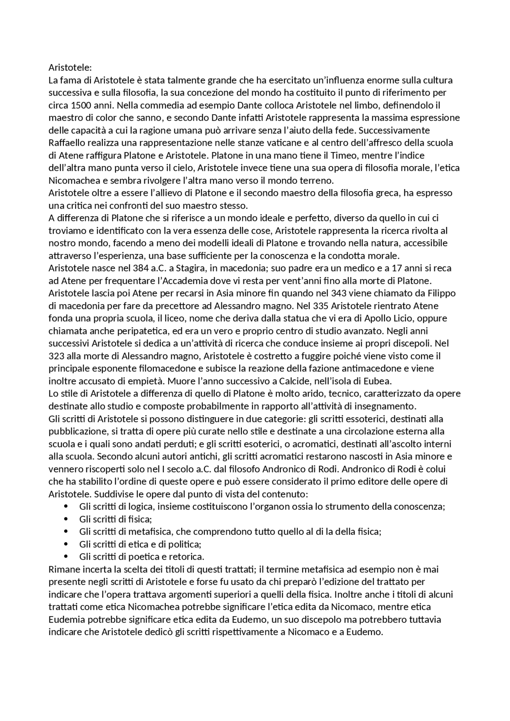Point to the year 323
56,356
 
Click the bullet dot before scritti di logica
66,506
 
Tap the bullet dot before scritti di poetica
66,557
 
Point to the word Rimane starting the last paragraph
63,569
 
